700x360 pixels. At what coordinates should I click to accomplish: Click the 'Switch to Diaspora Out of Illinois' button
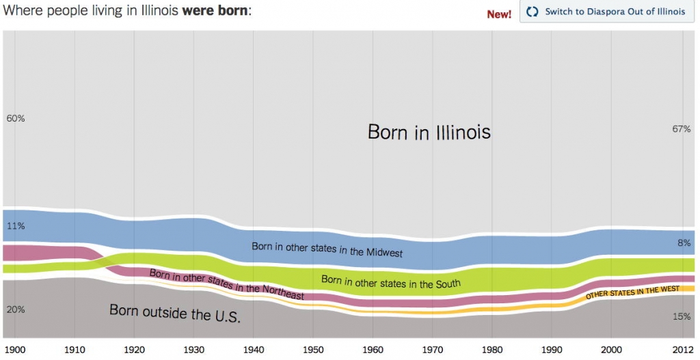pos(606,12)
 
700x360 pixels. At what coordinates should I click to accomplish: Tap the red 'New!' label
pos(499,14)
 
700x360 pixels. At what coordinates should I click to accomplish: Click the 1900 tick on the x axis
pos(15,350)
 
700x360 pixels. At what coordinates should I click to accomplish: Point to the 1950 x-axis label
pos(314,350)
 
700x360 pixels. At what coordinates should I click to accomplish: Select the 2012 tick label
pos(682,350)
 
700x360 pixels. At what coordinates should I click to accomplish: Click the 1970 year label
pos(433,350)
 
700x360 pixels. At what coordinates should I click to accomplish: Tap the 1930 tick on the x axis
pos(194,350)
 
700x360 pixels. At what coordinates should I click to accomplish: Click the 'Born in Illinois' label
pos(429,131)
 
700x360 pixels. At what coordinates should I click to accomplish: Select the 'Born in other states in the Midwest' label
pos(327,249)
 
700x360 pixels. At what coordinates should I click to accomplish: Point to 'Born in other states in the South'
pos(390,281)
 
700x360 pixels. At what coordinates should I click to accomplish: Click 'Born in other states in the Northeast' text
pos(226,284)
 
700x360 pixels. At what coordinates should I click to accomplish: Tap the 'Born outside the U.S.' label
pos(175,314)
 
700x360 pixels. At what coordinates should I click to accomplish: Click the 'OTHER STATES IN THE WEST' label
pos(632,293)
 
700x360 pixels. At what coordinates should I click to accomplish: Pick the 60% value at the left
pos(15,118)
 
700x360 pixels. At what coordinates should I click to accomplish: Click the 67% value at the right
pos(682,129)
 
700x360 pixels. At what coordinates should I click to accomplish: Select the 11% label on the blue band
pos(15,225)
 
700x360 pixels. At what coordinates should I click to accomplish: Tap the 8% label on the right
pos(684,242)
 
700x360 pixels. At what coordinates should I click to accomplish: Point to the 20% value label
pos(15,309)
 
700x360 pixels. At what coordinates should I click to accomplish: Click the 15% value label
pos(682,316)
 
